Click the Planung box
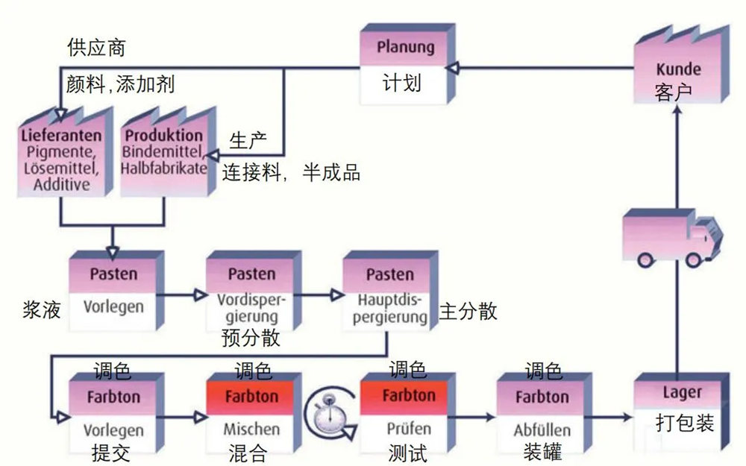click(x=405, y=66)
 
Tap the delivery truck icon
click(x=672, y=238)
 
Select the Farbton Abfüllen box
click(x=542, y=413)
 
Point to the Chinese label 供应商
click(x=96, y=48)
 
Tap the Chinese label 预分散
click(x=251, y=338)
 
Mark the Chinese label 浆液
click(x=42, y=307)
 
